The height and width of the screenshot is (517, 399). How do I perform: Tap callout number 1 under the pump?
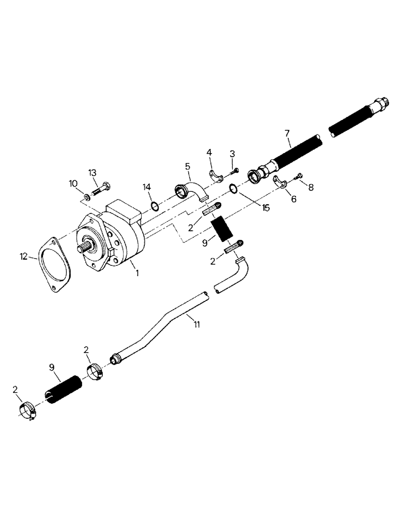tap(137, 272)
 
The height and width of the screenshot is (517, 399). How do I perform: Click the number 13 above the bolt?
tap(93, 173)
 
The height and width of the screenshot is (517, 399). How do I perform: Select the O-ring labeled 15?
tap(233, 189)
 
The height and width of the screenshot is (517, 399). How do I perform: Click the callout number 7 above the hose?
tap(287, 133)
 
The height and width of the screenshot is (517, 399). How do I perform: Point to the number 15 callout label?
tap(266, 208)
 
